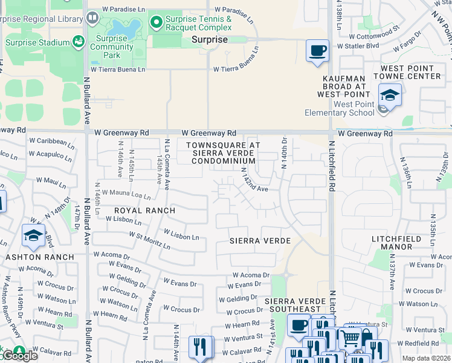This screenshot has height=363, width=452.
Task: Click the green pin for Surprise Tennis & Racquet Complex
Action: click(x=157, y=23)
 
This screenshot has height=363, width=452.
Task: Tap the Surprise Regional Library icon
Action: click(x=92, y=19)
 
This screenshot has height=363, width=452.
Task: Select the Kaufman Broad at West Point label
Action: click(x=343, y=87)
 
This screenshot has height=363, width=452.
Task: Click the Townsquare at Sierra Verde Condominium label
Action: click(x=224, y=153)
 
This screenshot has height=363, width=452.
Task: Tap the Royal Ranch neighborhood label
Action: click(x=145, y=211)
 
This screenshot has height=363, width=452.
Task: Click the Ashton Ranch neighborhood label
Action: click(x=40, y=257)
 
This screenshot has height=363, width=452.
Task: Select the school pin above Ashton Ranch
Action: click(x=33, y=236)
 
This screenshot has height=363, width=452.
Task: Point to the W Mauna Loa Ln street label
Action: click(x=126, y=195)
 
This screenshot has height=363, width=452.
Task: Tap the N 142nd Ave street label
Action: click(x=253, y=181)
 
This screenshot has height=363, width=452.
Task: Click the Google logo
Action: click(x=19, y=355)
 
